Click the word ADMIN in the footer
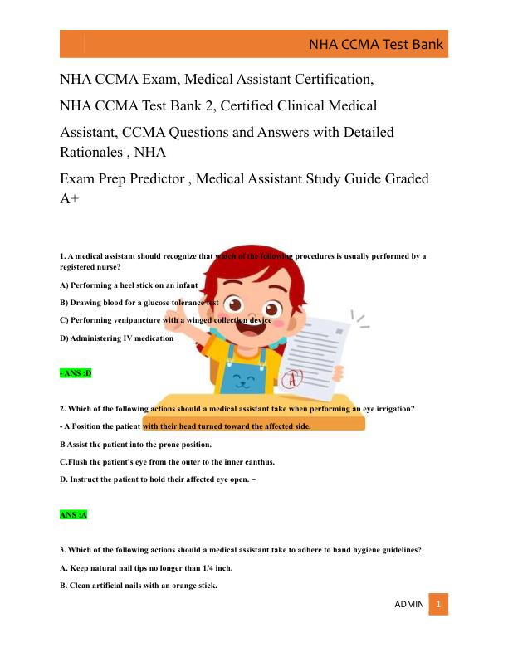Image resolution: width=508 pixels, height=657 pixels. (x=409, y=605)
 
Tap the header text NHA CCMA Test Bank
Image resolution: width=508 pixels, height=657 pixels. (x=376, y=45)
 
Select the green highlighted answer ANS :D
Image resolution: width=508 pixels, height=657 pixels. (x=76, y=373)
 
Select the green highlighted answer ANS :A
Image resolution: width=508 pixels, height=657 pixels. (x=74, y=515)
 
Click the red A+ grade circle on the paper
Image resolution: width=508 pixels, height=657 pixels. (x=292, y=380)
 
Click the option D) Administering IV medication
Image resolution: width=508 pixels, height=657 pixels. (x=117, y=338)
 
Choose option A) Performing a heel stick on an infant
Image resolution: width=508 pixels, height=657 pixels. (x=129, y=285)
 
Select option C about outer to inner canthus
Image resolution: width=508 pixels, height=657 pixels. (x=167, y=462)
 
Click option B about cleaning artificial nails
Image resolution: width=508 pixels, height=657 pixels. (x=139, y=586)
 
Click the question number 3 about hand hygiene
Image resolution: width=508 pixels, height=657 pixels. (x=62, y=550)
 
